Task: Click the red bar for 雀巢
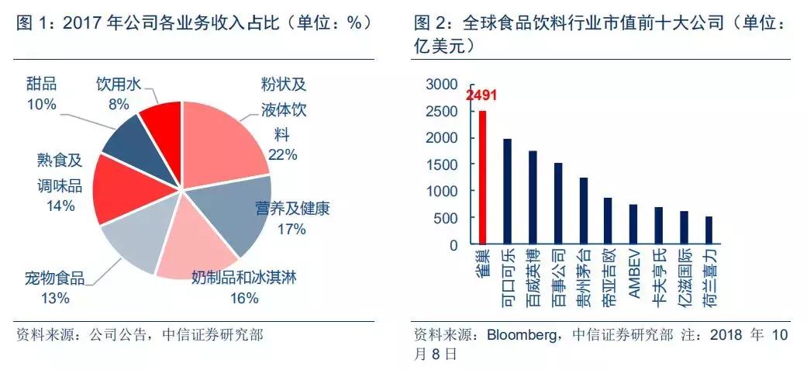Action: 482,178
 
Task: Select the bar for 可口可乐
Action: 508,192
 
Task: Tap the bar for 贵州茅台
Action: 583,211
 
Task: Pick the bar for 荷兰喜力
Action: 709,230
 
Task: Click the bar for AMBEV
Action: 633,224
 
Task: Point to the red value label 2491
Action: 481,96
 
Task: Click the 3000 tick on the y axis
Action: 442,84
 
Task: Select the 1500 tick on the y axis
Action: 442,164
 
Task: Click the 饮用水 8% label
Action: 119,93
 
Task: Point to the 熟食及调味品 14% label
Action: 59,182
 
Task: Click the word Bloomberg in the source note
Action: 519,335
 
